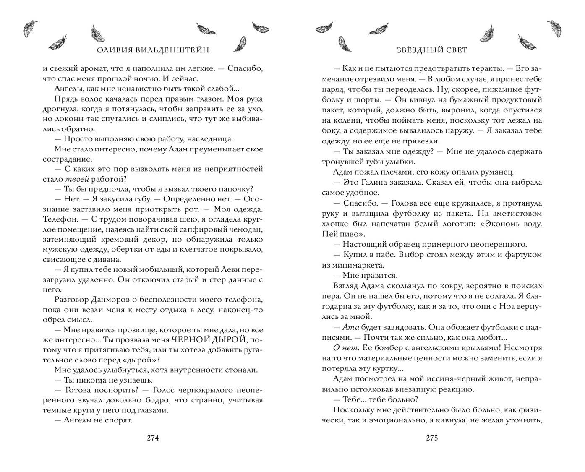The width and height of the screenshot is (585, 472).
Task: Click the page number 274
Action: click(x=152, y=438)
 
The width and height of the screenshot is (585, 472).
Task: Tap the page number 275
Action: click(x=432, y=438)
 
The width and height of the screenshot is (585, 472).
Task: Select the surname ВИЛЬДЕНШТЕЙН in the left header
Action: click(x=168, y=50)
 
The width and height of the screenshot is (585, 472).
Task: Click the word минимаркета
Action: click(x=353, y=265)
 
